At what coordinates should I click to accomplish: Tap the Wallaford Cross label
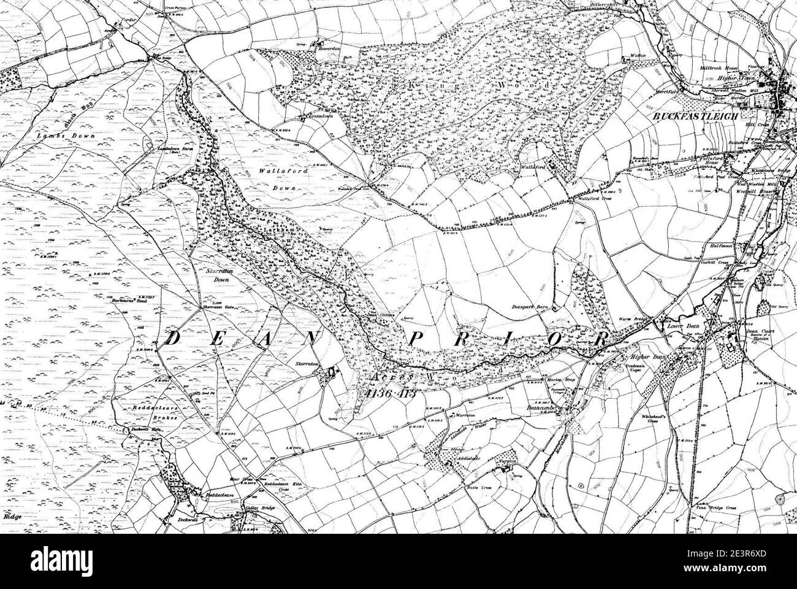(591, 201)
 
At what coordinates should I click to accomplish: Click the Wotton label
(639, 56)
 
